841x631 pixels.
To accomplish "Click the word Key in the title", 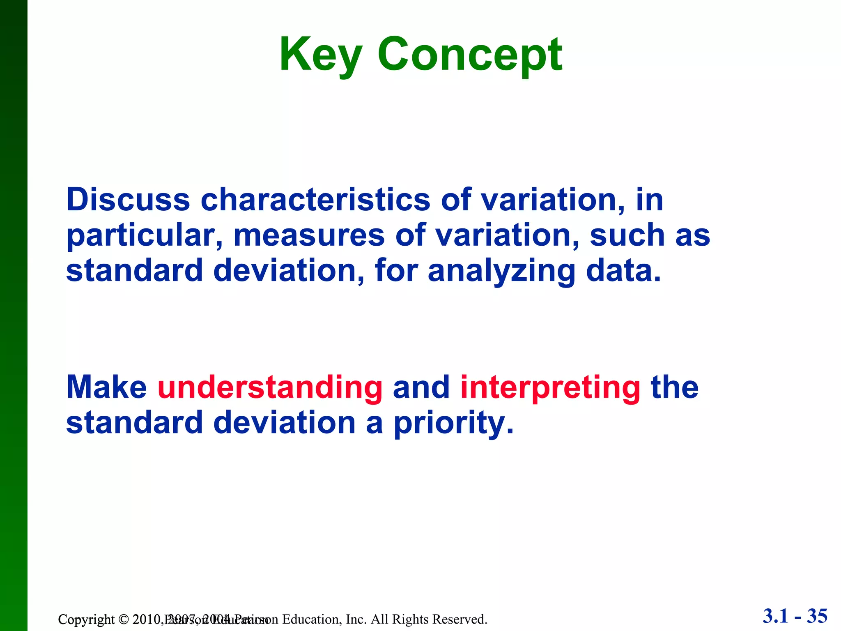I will click(x=320, y=55).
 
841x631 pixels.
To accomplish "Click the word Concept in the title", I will click(x=469, y=55).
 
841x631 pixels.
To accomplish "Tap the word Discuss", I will click(x=128, y=200).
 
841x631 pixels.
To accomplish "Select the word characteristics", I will click(x=315, y=200).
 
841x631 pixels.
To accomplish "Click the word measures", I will click(x=309, y=235).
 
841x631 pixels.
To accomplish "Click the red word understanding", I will click(x=270, y=388).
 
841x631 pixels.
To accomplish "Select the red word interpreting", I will click(x=550, y=388).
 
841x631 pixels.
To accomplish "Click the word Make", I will click(x=106, y=387).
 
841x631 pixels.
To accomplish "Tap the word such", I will click(x=627, y=235).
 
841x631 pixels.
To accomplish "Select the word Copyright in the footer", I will click(x=86, y=619).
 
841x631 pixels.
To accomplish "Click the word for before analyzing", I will click(x=396, y=271).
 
